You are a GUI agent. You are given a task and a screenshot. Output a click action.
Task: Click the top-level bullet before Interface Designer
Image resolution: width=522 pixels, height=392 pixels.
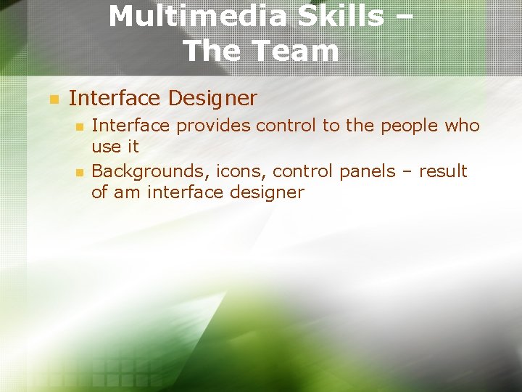point(52,99)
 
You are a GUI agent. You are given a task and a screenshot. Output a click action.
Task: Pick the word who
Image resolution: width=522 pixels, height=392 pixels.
point(462,126)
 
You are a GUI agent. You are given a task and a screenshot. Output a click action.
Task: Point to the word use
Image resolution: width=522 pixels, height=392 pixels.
point(107,147)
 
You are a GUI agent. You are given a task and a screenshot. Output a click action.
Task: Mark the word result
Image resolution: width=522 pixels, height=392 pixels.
point(443,172)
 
